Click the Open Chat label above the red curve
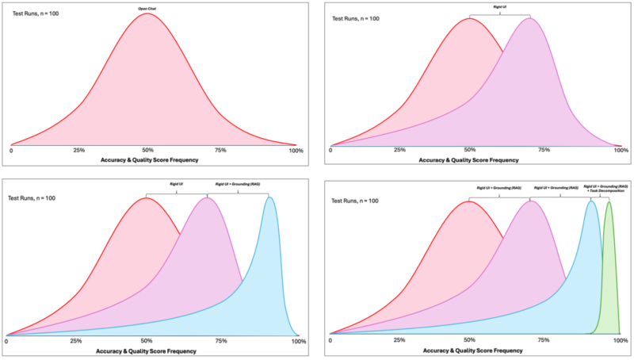click(147, 9)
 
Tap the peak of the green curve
click(609, 202)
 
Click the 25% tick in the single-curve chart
click(79, 150)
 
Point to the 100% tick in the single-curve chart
click(296, 150)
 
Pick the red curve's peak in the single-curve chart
click(147, 13)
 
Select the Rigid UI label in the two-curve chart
click(499, 9)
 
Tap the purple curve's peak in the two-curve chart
click(530, 18)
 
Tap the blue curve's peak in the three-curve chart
click(270, 197)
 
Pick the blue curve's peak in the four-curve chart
click(591, 201)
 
